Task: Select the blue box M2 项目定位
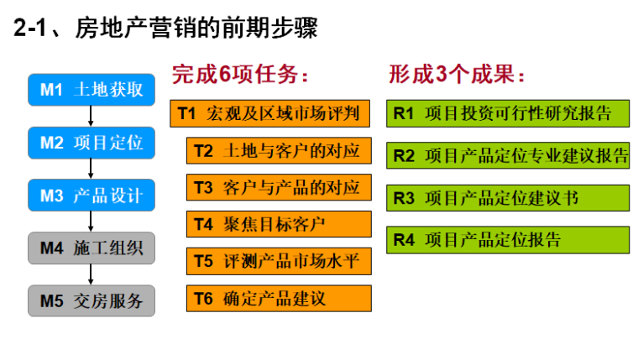[x=92, y=143]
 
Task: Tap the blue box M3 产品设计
[x=92, y=196]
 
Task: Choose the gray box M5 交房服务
[x=92, y=300]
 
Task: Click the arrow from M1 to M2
[x=91, y=117]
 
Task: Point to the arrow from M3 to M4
[x=91, y=222]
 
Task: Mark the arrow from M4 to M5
[x=91, y=274]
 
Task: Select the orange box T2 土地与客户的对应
[x=279, y=150]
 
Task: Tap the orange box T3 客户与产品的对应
[x=279, y=187]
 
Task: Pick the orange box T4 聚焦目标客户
[x=279, y=224]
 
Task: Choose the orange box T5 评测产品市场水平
[x=279, y=261]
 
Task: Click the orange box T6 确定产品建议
[x=279, y=298]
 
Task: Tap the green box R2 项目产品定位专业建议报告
[x=507, y=155]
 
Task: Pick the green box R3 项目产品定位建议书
[x=507, y=198]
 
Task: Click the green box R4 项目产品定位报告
[x=507, y=240]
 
